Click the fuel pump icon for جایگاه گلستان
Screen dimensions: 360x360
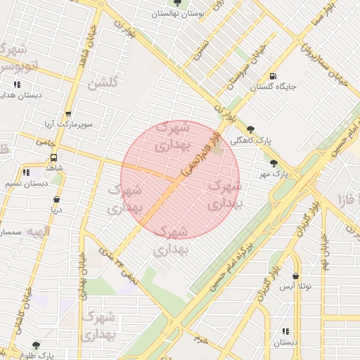273,77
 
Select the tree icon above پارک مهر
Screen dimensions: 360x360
274,163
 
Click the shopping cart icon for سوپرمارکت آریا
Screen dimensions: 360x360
67,114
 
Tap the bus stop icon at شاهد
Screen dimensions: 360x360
54,157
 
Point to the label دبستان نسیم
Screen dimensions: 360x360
26,183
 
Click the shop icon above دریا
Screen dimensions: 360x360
56,199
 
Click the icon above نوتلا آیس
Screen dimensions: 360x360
295,276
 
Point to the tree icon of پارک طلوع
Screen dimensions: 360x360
36,345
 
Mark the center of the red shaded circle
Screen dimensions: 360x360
180,179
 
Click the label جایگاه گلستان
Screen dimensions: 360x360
274,87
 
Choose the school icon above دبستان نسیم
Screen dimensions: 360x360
26,172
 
